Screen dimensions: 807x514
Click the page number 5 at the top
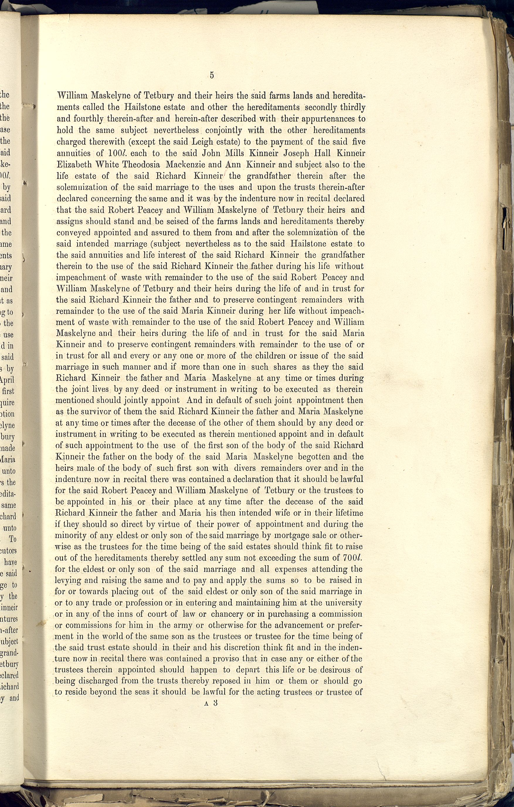211,75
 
